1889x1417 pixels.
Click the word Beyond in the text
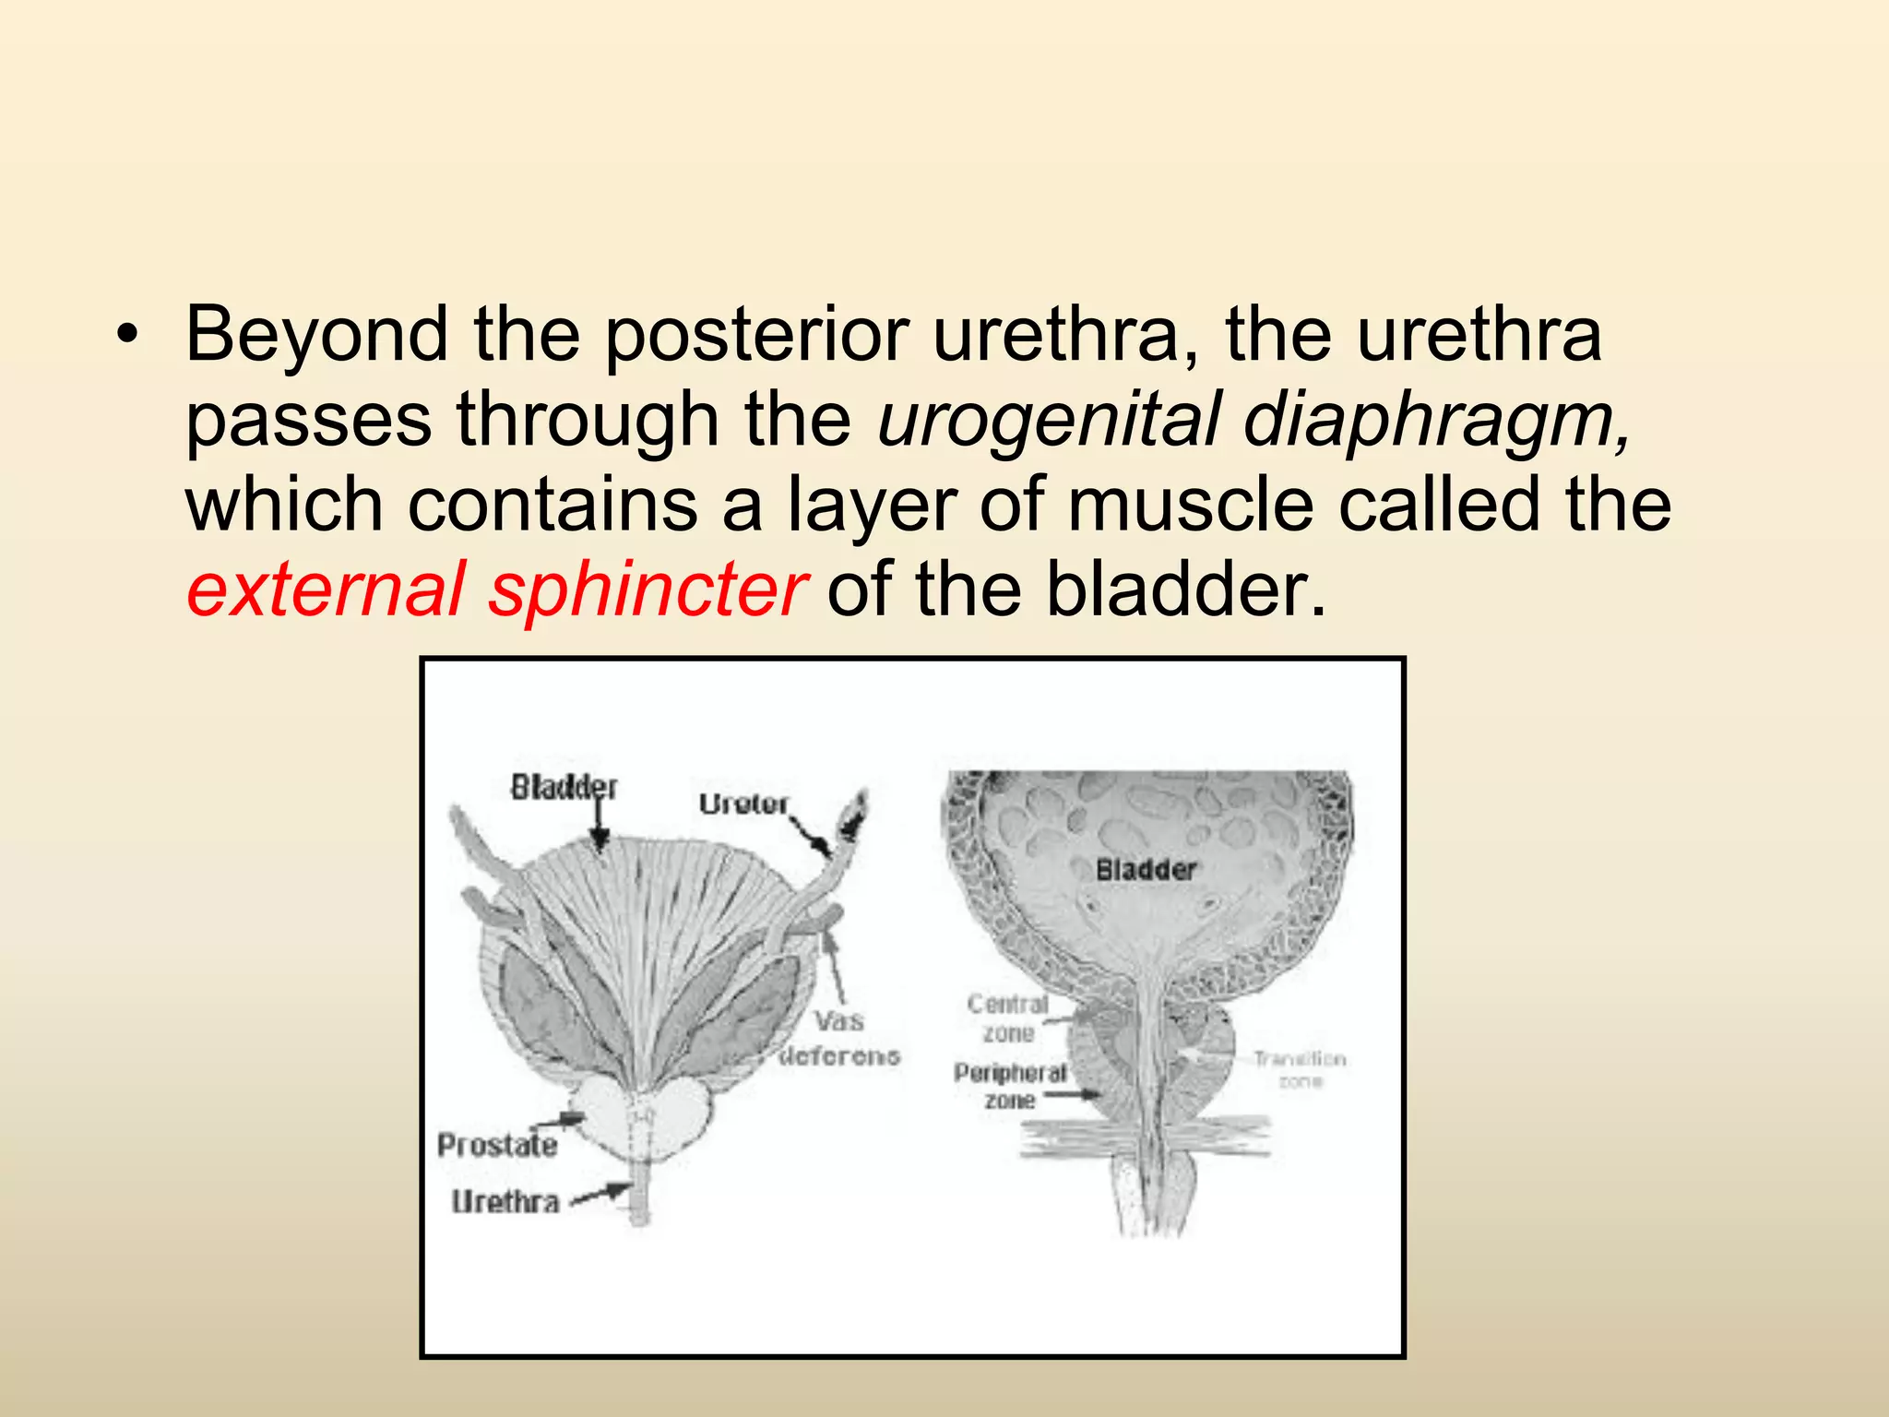tap(316, 335)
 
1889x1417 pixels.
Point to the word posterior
tap(755, 335)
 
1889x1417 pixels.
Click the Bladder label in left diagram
tap(564, 787)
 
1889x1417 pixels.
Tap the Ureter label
tap(743, 804)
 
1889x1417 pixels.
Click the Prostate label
tap(497, 1145)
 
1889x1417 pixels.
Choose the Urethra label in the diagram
tap(505, 1201)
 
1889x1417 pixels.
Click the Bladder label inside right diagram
tap(1146, 869)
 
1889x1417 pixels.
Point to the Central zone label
tap(1008, 1018)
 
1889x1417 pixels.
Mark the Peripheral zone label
tap(1010, 1086)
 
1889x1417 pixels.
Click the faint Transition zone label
tap(1300, 1069)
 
